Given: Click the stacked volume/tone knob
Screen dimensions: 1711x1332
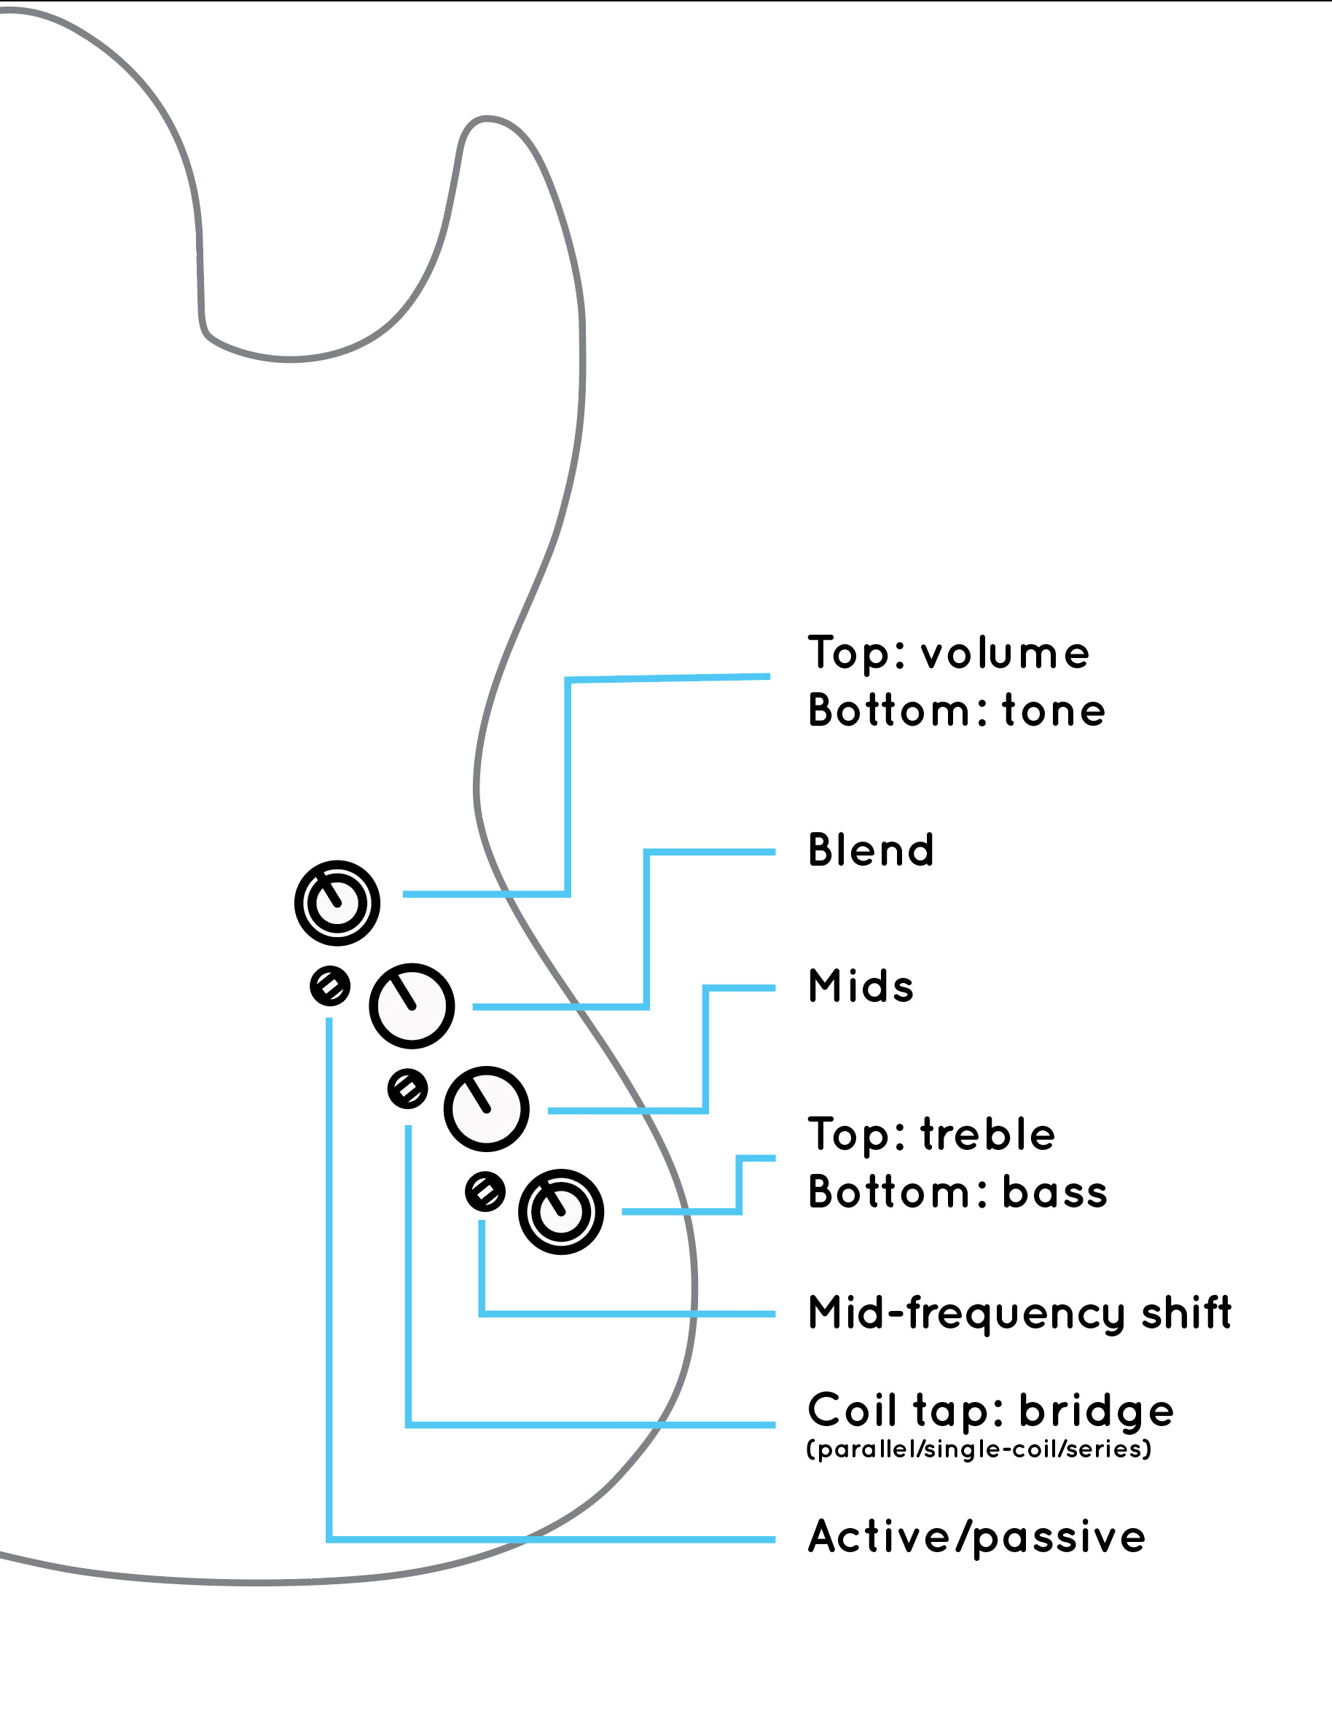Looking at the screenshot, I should pos(337,903).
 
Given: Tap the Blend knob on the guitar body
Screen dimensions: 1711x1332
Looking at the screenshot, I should pos(412,1006).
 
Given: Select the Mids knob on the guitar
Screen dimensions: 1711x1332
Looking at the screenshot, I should pos(486,1108).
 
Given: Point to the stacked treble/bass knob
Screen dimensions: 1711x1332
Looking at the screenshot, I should pos(560,1212).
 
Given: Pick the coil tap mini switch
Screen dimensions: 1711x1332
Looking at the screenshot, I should pos(407,1089).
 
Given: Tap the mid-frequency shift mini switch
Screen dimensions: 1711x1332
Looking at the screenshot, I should pos(485,1191).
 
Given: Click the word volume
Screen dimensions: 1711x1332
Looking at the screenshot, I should pos(1005,654).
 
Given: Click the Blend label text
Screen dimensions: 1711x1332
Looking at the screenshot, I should pos(871,850).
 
